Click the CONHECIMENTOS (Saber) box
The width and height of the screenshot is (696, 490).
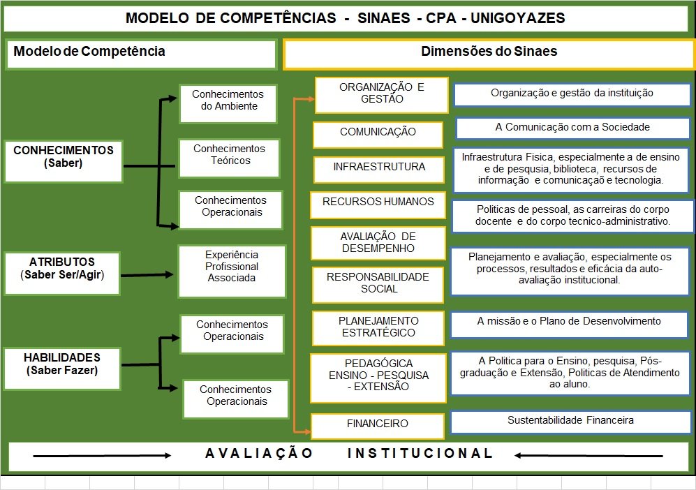click(64, 156)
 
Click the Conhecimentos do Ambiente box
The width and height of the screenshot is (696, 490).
click(228, 101)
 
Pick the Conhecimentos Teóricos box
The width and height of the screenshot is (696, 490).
click(230, 155)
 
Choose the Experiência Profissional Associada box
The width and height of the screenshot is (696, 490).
click(232, 267)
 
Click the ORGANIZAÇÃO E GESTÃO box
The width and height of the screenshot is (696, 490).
click(381, 94)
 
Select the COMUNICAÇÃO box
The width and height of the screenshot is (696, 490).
click(378, 133)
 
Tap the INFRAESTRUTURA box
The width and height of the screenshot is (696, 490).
click(379, 168)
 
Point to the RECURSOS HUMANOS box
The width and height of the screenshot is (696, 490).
click(378, 202)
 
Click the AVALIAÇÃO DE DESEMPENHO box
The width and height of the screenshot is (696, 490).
click(378, 242)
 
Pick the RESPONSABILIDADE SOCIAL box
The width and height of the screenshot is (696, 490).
click(378, 283)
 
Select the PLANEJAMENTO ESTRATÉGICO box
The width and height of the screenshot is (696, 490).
click(378, 327)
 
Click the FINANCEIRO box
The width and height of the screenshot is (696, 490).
click(378, 424)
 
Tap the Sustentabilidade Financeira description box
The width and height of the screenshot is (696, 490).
click(570, 421)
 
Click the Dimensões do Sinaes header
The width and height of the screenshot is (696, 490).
click(489, 52)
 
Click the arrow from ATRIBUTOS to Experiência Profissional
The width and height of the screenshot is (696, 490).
click(149, 275)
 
